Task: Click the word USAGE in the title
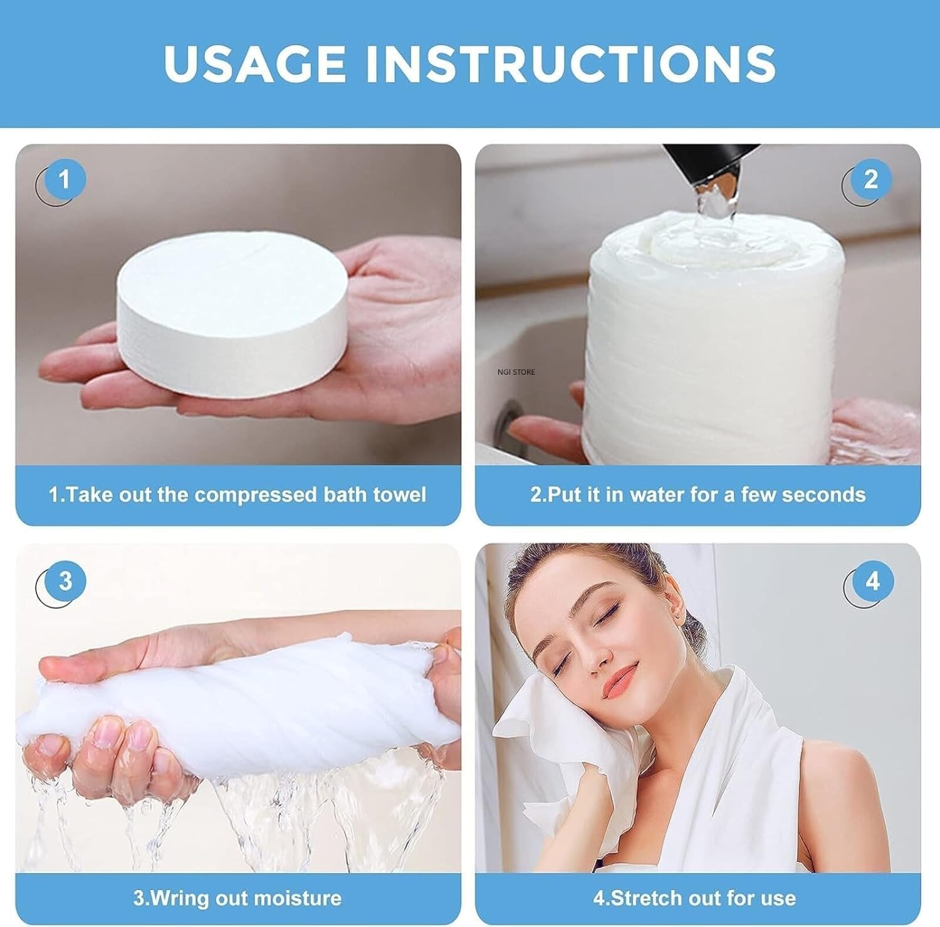pyautogui.click(x=254, y=63)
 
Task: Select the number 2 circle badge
pyautogui.click(x=870, y=181)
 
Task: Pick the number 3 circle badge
pyautogui.click(x=65, y=582)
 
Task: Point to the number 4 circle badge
pyautogui.click(x=872, y=582)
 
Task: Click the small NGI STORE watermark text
pyautogui.click(x=516, y=372)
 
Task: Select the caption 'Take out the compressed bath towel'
pyautogui.click(x=238, y=495)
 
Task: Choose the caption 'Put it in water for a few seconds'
pyautogui.click(x=697, y=495)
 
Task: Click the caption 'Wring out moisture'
pyautogui.click(x=238, y=898)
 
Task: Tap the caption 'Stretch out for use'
pyautogui.click(x=694, y=898)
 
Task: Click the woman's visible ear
pyautogui.click(x=671, y=607)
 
